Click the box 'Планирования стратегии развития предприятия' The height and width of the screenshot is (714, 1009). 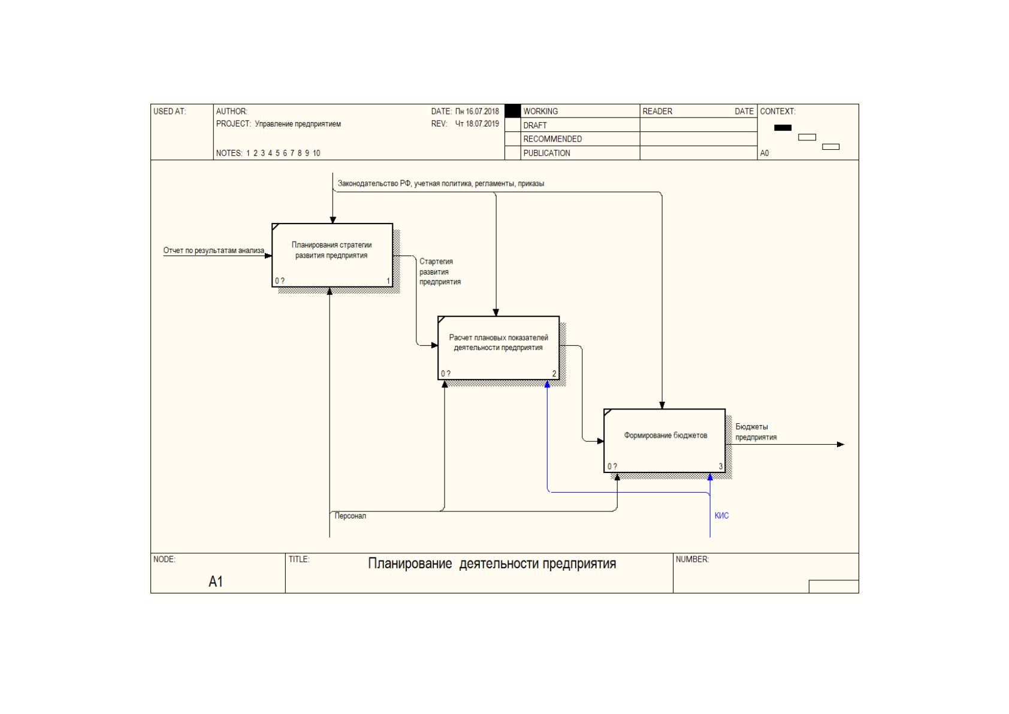point(333,255)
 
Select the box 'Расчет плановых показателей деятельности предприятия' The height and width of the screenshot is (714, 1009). point(499,348)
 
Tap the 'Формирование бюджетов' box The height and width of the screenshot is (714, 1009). point(665,441)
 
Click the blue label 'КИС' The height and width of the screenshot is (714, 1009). point(721,516)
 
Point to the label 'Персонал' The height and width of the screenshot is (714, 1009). point(350,516)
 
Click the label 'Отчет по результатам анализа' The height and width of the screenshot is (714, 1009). point(213,251)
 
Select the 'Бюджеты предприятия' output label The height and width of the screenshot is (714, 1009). point(756,432)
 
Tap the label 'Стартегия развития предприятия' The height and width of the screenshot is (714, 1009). point(440,272)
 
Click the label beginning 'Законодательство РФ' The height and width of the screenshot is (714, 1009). point(441,183)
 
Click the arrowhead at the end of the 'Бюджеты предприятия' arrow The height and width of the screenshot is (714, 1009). point(841,444)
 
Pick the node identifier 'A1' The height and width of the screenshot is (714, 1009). point(216,582)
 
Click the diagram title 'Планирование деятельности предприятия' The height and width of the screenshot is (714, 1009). point(492,564)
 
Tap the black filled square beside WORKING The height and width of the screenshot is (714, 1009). point(513,111)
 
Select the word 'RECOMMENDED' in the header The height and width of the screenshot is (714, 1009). point(552,139)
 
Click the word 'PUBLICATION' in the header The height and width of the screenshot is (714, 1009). point(547,153)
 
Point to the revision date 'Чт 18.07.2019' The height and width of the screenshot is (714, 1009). point(477,124)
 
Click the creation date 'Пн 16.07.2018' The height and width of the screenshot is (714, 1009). point(477,112)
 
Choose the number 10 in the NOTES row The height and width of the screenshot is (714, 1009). point(316,153)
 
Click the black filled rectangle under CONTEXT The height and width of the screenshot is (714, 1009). point(783,128)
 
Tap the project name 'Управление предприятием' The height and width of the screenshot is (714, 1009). point(298,124)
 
